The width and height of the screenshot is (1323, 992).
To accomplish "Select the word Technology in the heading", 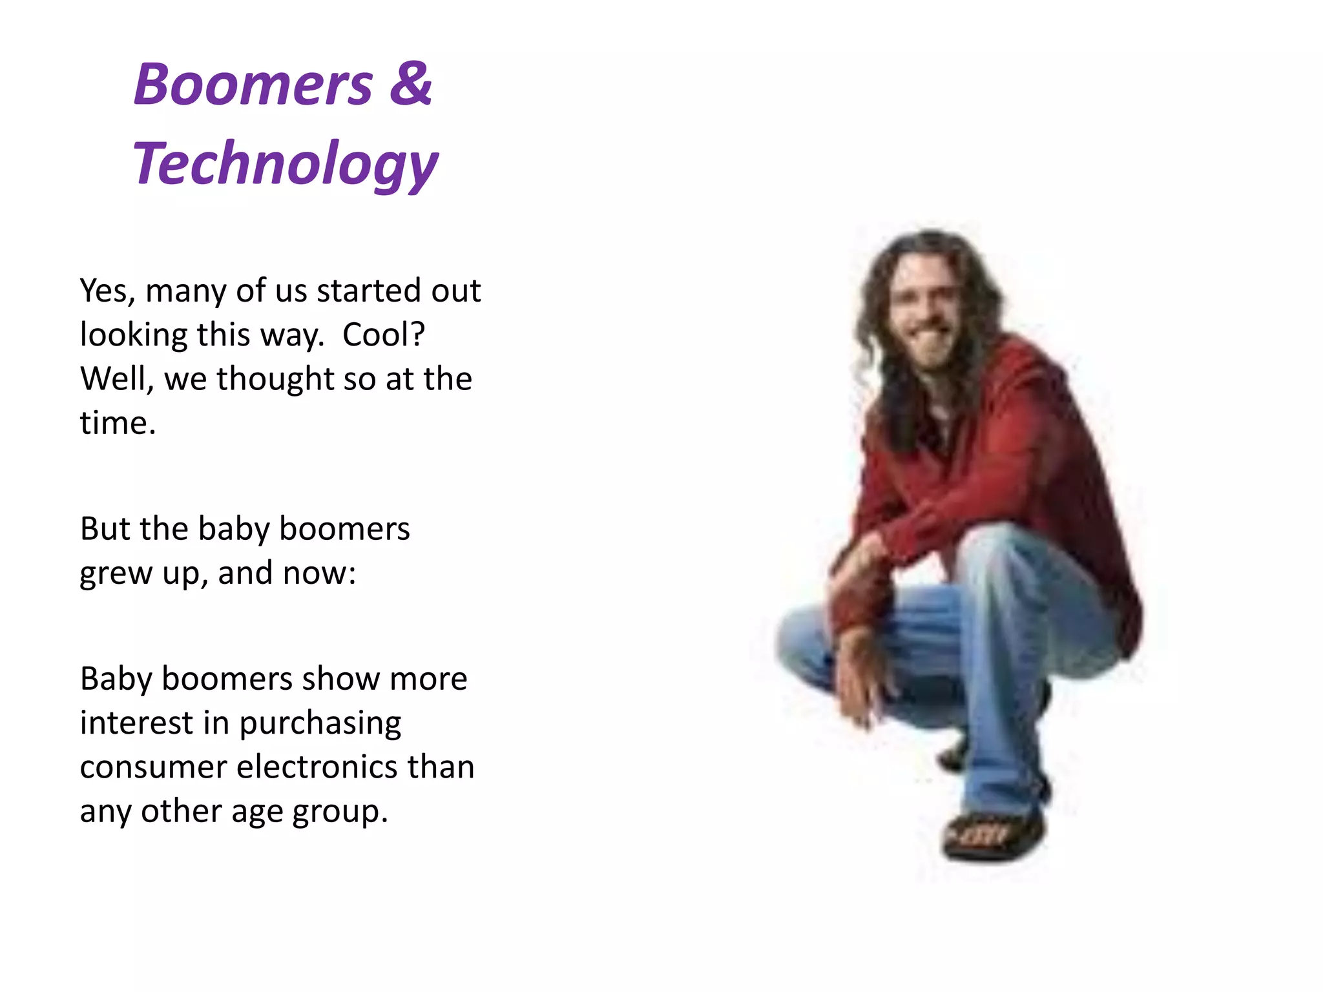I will coord(285,164).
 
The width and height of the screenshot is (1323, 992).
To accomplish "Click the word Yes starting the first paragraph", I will coord(107,291).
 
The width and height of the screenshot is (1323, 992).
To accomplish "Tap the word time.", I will coord(118,423).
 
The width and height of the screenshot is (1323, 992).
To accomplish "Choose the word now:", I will coord(319,573).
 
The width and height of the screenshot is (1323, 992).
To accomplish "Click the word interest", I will coord(136,723).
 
